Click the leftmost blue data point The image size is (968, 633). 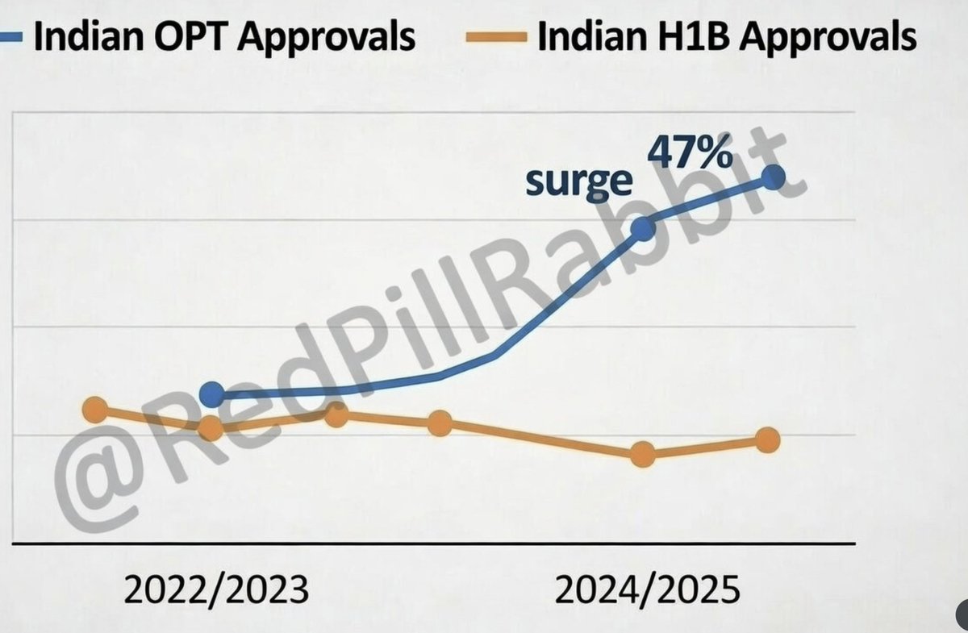pyautogui.click(x=211, y=394)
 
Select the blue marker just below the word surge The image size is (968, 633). pyautogui.click(x=642, y=229)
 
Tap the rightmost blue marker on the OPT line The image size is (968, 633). pyautogui.click(x=773, y=177)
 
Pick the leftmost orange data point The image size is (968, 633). pyautogui.click(x=95, y=410)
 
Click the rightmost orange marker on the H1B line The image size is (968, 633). pyautogui.click(x=768, y=440)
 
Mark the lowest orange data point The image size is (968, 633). pyautogui.click(x=642, y=455)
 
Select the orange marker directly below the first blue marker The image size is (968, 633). pyautogui.click(x=211, y=429)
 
